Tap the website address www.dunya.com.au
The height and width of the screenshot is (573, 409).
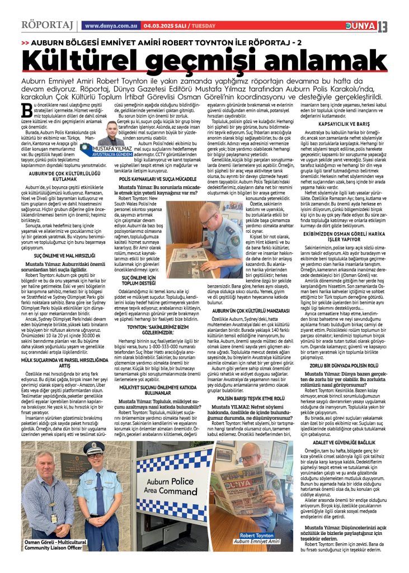[111, 26]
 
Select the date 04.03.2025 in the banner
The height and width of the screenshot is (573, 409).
[158, 26]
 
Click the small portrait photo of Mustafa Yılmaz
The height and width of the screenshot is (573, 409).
[113, 133]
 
